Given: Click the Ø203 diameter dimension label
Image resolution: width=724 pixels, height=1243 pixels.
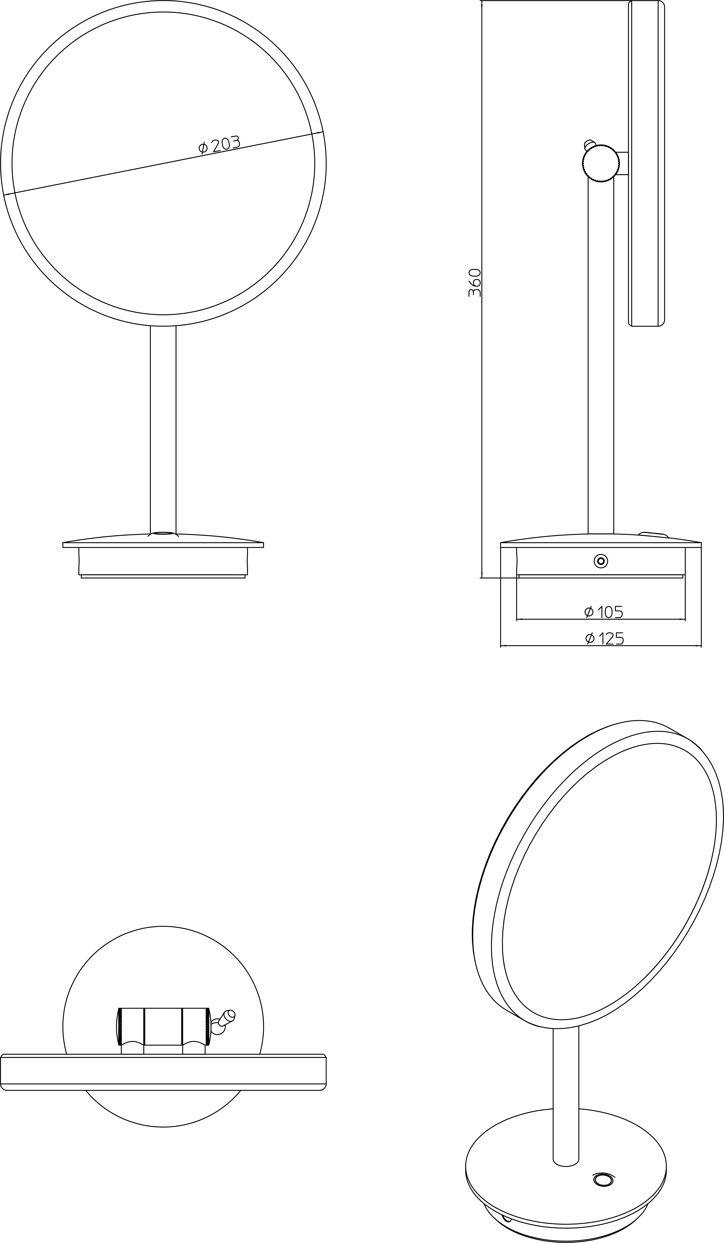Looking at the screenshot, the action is coord(219,145).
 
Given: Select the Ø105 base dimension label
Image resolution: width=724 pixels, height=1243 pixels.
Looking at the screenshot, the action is coord(603,612).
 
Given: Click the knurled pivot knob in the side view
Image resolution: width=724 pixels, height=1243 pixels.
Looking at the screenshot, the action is coord(601,163).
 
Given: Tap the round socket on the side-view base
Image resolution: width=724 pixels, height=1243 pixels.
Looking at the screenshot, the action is coord(601,561).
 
